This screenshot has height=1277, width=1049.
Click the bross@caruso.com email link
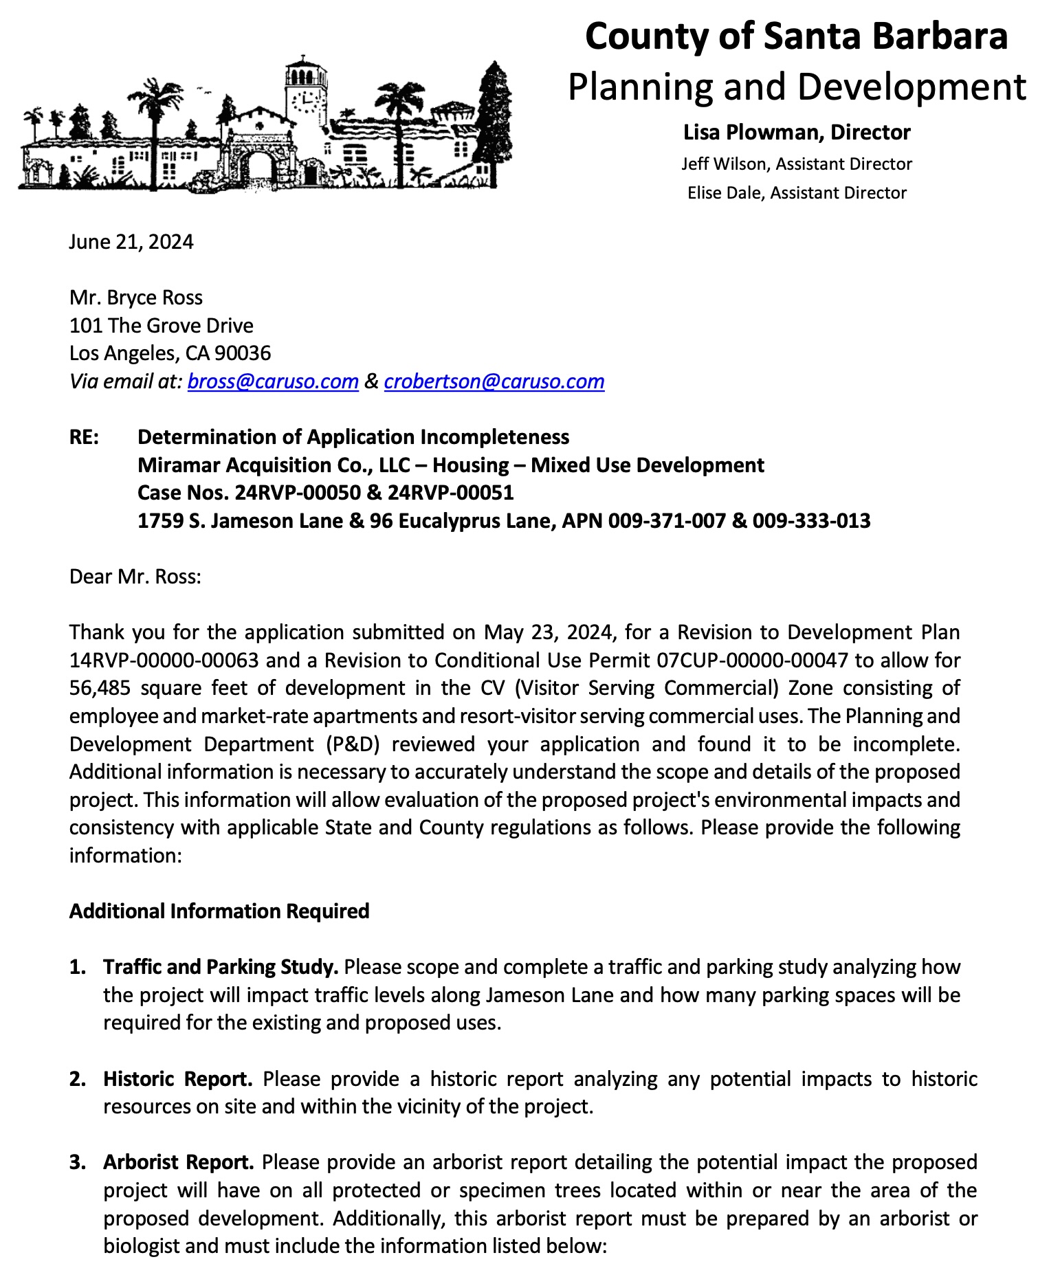[x=273, y=381]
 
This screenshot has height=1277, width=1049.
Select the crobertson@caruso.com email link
[x=494, y=381]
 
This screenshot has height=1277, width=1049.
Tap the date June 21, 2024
[x=131, y=242]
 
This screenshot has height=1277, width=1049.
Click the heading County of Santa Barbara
[x=796, y=36]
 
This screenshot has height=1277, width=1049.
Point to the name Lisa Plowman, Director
[x=796, y=132]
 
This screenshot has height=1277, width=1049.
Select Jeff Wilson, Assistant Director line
[x=796, y=164]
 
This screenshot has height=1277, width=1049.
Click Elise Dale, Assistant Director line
[x=796, y=192]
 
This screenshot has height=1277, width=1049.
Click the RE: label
[x=84, y=437]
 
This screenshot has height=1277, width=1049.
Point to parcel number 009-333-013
[x=811, y=521]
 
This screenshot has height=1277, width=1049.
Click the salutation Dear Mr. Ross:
[x=135, y=576]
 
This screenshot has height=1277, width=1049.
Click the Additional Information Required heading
[x=219, y=911]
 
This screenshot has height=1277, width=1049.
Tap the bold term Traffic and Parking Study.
[x=221, y=967]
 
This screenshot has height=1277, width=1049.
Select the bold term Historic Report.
[x=178, y=1079]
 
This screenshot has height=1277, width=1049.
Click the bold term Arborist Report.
[x=179, y=1162]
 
